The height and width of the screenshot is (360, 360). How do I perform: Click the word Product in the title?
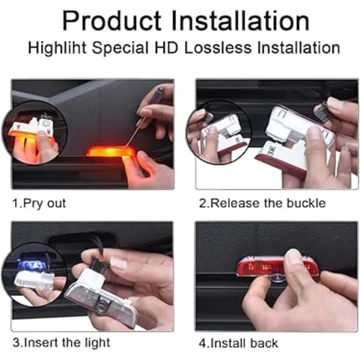pos(112,22)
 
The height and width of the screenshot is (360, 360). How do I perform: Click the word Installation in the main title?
pos(241,21)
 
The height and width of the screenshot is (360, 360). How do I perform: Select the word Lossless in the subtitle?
pos(218,48)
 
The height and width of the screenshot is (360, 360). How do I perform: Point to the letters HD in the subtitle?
pos(166,48)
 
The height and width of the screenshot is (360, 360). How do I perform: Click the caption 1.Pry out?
pos(39,203)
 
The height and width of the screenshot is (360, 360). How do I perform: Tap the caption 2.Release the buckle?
pos(262,203)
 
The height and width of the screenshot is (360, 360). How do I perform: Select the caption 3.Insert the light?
pos(62,343)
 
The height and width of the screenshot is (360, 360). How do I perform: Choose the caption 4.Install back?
pos(238,343)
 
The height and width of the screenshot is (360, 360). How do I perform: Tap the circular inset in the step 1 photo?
pos(35,133)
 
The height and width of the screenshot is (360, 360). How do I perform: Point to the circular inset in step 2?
pos(219,132)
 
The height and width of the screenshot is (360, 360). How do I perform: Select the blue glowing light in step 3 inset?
pos(32,266)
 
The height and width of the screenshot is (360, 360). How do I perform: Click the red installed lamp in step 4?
pos(278,267)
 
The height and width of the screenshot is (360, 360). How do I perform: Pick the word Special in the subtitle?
pos(120,48)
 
